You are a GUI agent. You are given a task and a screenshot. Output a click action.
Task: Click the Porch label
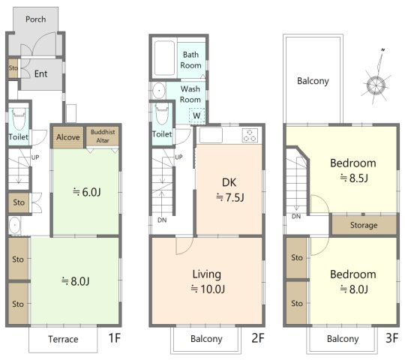tap(36, 19)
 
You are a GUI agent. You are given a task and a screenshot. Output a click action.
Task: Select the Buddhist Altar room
tap(103, 136)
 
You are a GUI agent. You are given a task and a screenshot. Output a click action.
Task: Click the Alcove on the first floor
tap(68, 137)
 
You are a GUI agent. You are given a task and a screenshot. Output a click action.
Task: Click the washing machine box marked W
tap(196, 115)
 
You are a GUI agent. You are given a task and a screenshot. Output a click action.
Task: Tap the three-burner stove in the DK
tap(250, 136)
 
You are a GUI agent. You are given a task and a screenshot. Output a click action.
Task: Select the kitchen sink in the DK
tap(211, 135)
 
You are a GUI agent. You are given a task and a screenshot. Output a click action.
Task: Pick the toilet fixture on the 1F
tap(19, 118)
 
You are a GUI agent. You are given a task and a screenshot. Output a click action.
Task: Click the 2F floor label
tap(258, 338)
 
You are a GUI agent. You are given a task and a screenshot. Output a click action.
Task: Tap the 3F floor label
tap(391, 338)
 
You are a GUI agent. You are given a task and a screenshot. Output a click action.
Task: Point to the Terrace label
tap(63, 339)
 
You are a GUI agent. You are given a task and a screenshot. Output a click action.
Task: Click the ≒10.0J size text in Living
tap(208, 289)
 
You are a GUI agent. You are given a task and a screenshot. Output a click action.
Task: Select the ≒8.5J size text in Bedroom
tap(353, 178)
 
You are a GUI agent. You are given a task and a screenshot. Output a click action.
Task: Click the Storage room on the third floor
tap(364, 225)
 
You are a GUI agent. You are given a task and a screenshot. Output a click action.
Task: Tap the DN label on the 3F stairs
tap(296, 216)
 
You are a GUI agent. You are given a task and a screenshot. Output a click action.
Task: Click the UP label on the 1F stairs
tap(35, 157)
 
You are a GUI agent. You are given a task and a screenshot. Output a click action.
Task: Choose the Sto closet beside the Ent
tap(13, 68)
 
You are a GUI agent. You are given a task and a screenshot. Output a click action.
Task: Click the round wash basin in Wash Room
tap(159, 91)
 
